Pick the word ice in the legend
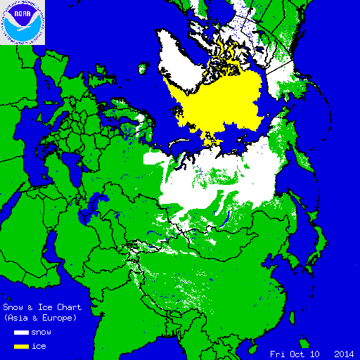pos(40,346)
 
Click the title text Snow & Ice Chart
pos(42,307)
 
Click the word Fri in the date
pos(278,353)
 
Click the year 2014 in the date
pos(344,353)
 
